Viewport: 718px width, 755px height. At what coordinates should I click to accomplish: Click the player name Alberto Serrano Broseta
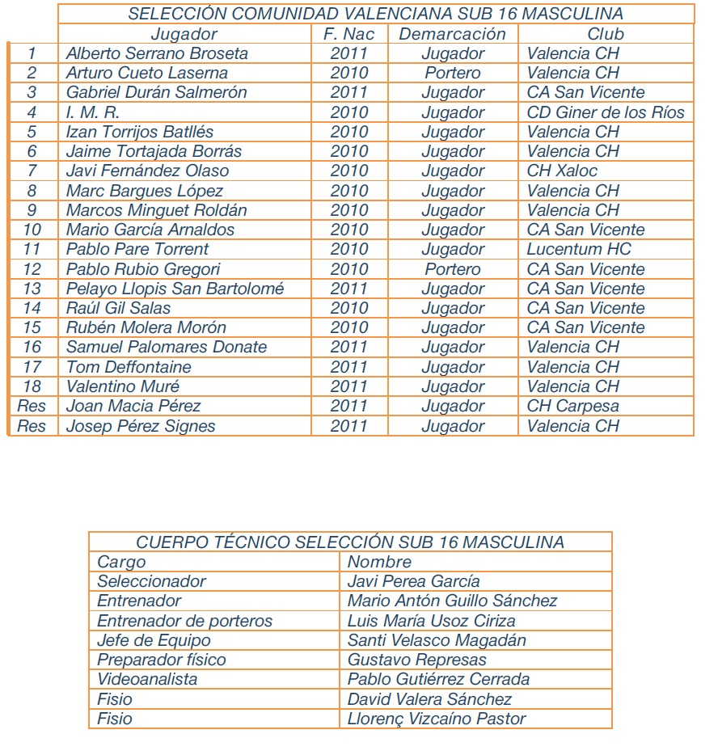[x=157, y=54]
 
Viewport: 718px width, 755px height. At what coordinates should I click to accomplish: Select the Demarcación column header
[x=452, y=34]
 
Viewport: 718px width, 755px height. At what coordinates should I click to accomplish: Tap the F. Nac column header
[x=348, y=34]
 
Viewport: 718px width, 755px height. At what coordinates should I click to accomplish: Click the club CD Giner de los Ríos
[x=605, y=112]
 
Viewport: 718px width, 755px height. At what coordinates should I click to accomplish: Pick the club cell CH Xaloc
[x=562, y=171]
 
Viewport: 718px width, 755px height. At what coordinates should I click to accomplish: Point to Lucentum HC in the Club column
[x=579, y=249]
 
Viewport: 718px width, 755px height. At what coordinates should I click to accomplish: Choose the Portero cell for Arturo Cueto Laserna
[x=453, y=74]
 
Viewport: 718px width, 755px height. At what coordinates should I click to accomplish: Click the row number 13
[x=32, y=289]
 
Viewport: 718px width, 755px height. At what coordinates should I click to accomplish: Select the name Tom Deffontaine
[x=129, y=367]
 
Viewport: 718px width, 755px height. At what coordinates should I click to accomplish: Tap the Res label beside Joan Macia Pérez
[x=32, y=406]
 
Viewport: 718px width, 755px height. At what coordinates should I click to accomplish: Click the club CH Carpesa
[x=572, y=406]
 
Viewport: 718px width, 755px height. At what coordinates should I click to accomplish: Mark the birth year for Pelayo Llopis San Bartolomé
[x=348, y=289]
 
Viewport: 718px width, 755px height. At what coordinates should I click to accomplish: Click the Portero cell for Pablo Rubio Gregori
[x=453, y=269]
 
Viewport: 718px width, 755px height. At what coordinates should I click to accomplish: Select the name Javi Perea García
[x=413, y=581]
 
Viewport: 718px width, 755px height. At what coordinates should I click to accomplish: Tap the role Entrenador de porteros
[x=184, y=621]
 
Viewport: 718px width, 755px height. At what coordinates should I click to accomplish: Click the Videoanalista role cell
[x=147, y=679]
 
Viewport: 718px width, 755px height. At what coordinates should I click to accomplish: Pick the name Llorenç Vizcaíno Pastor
[x=437, y=718]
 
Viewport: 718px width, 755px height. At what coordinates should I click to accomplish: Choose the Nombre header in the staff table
[x=379, y=562]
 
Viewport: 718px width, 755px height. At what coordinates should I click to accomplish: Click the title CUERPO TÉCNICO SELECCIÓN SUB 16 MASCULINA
[x=349, y=542]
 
